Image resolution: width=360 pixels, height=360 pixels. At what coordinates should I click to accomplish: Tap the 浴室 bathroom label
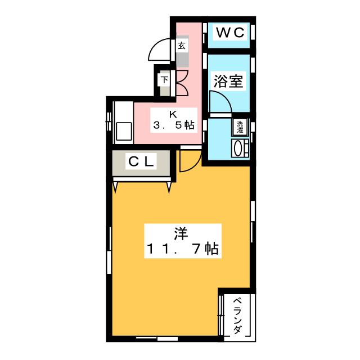pyautogui.click(x=228, y=81)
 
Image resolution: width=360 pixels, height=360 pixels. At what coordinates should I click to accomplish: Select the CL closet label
pyautogui.click(x=141, y=162)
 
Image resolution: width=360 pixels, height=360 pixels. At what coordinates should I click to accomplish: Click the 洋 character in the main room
pyautogui.click(x=180, y=231)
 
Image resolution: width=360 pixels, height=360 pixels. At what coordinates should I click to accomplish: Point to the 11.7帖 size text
pyautogui.click(x=183, y=249)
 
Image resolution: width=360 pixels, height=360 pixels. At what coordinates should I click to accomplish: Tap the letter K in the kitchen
pyautogui.click(x=173, y=112)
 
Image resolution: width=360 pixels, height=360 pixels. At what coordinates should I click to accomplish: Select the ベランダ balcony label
pyautogui.click(x=237, y=316)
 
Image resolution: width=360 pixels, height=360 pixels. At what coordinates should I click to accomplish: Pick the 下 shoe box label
pyautogui.click(x=164, y=79)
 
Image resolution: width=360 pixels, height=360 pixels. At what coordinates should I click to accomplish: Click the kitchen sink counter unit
pyautogui.click(x=122, y=123)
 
